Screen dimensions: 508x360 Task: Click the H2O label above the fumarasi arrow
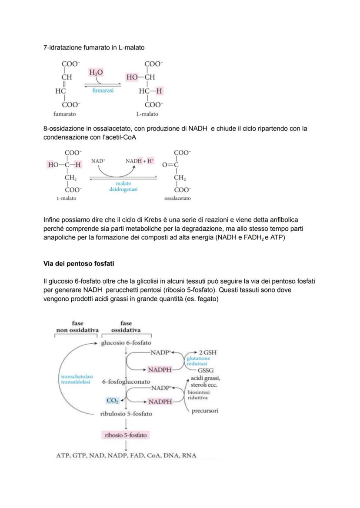tap(97, 72)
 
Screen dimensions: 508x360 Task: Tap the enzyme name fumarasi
tap(103, 90)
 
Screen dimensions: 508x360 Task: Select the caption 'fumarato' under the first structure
tap(64, 114)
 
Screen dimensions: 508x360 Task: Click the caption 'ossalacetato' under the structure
tap(177, 198)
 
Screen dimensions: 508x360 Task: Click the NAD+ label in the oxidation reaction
tap(98, 161)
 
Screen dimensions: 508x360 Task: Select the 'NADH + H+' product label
tap(140, 161)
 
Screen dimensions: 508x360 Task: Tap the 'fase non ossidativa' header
tap(77, 326)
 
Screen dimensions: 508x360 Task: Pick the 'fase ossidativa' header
tap(126, 326)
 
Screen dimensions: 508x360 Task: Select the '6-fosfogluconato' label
tap(124, 382)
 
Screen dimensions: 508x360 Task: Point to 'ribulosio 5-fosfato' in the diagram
tap(126, 414)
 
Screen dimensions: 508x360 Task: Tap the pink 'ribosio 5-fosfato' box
tap(126, 435)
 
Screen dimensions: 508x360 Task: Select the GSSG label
tap(205, 370)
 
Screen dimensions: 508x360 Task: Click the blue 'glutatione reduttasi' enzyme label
tap(198, 361)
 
